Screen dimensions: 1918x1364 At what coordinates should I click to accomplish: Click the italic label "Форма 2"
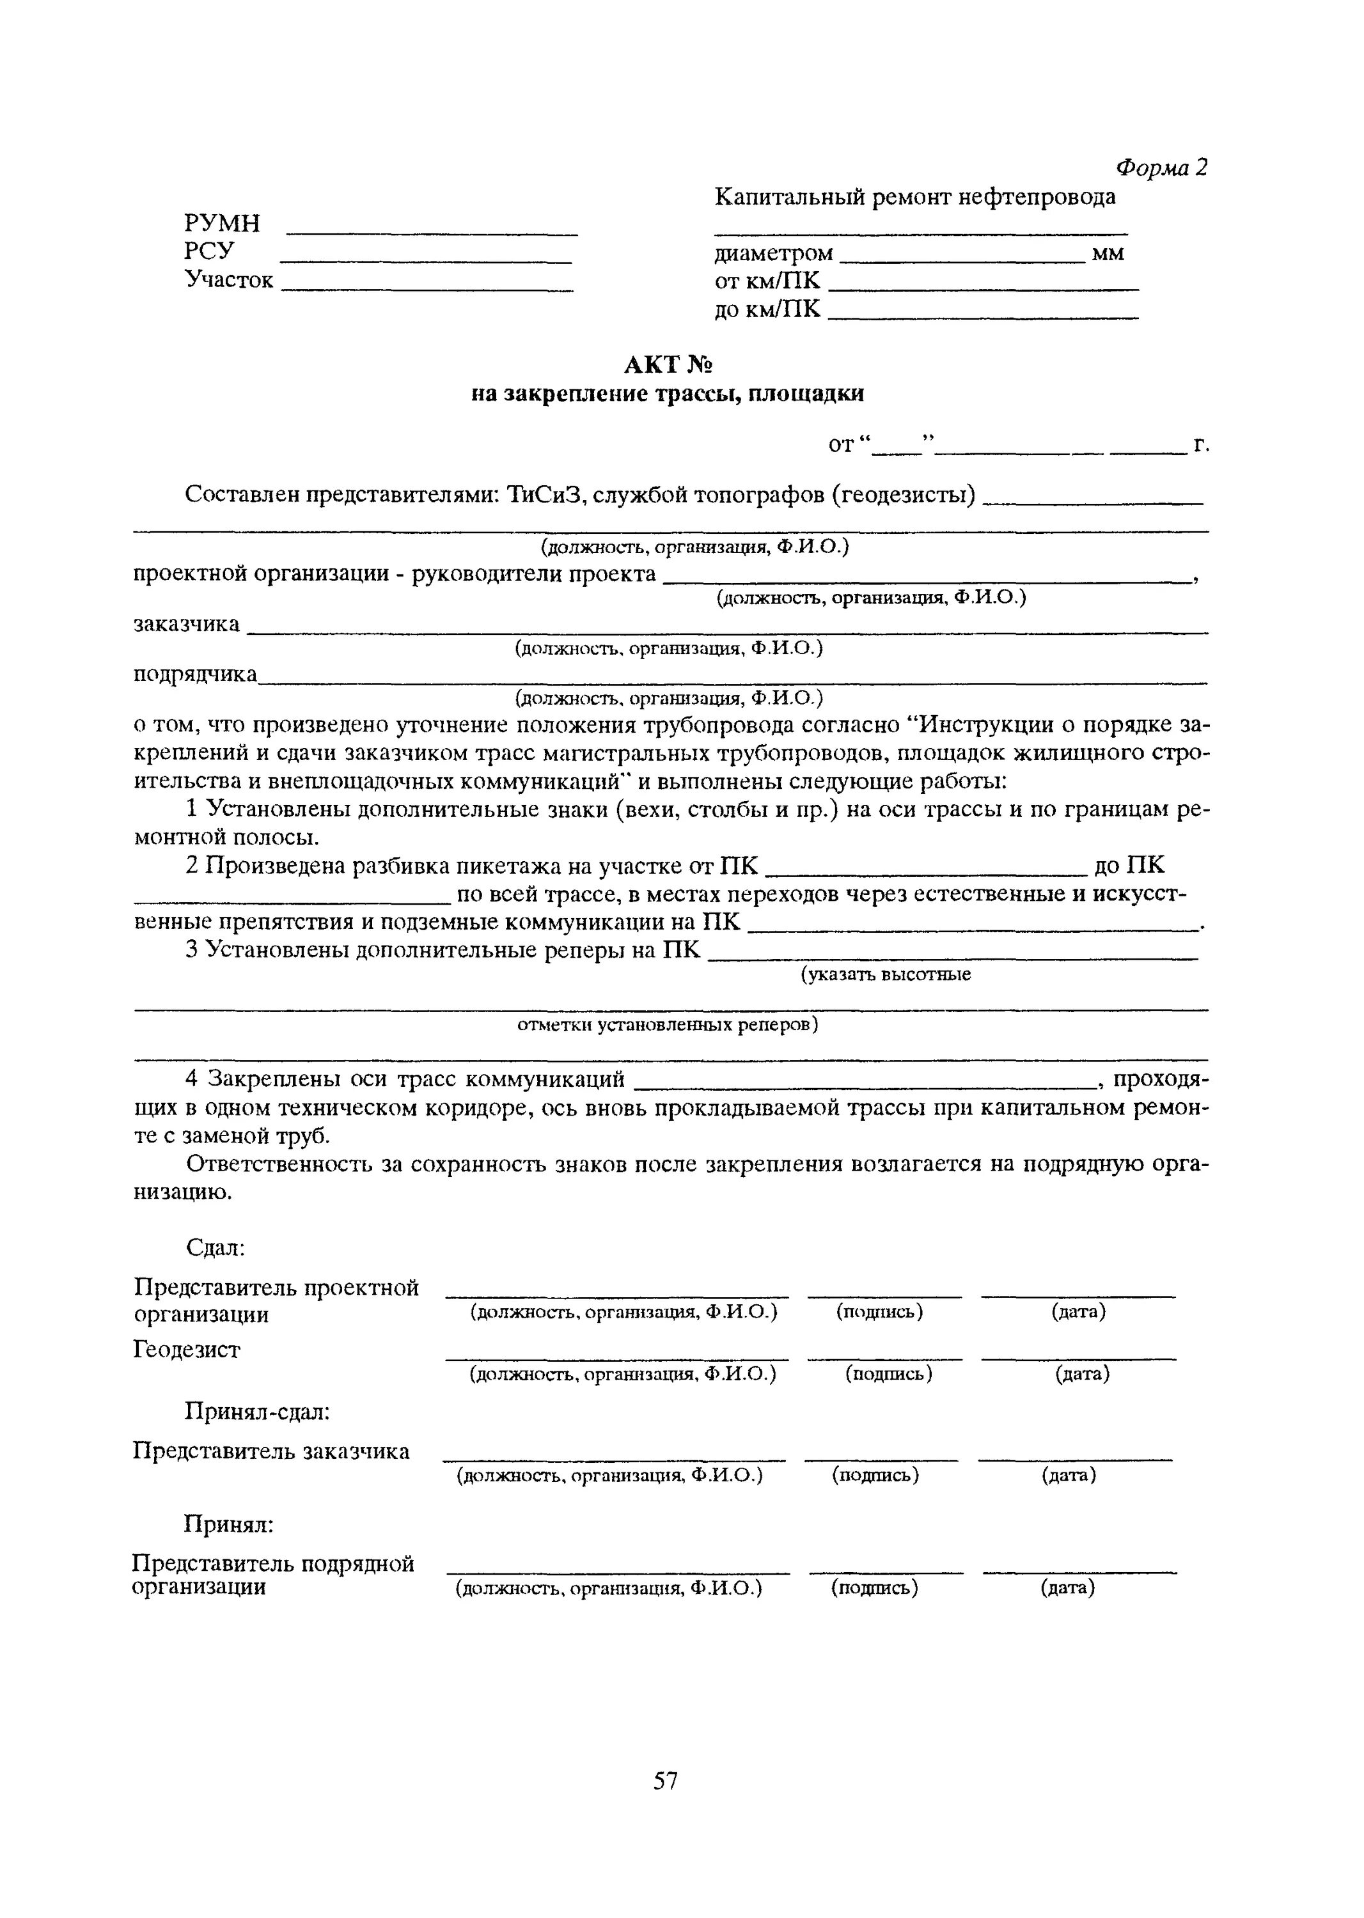pyautogui.click(x=1160, y=168)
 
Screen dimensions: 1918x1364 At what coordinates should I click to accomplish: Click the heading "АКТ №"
pyautogui.click(x=668, y=365)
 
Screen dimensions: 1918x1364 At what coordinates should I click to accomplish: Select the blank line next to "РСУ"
pyautogui.click(x=426, y=260)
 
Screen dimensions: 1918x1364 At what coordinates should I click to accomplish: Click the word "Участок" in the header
pyautogui.click(x=228, y=279)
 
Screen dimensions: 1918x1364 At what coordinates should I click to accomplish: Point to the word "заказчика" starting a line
pyautogui.click(x=187, y=625)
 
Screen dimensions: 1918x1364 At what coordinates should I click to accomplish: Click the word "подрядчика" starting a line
pyautogui.click(x=196, y=675)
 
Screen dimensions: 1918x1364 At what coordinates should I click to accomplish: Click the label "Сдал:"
pyautogui.click(x=215, y=1249)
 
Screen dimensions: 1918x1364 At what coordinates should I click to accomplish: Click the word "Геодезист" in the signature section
pyautogui.click(x=187, y=1350)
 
